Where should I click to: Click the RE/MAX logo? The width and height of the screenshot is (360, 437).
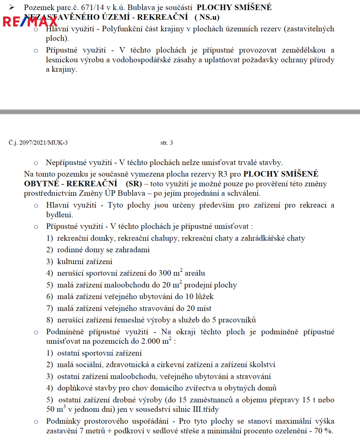click(30, 21)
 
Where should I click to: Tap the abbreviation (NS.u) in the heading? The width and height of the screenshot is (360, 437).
click(207, 17)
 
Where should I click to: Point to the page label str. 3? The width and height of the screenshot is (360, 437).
click(167, 143)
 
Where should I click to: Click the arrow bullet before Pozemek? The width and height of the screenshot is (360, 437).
click(12, 7)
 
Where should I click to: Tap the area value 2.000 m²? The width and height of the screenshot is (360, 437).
click(157, 342)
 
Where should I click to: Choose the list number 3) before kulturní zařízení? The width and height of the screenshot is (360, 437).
click(50, 261)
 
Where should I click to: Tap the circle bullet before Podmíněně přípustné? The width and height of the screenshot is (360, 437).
click(36, 332)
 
